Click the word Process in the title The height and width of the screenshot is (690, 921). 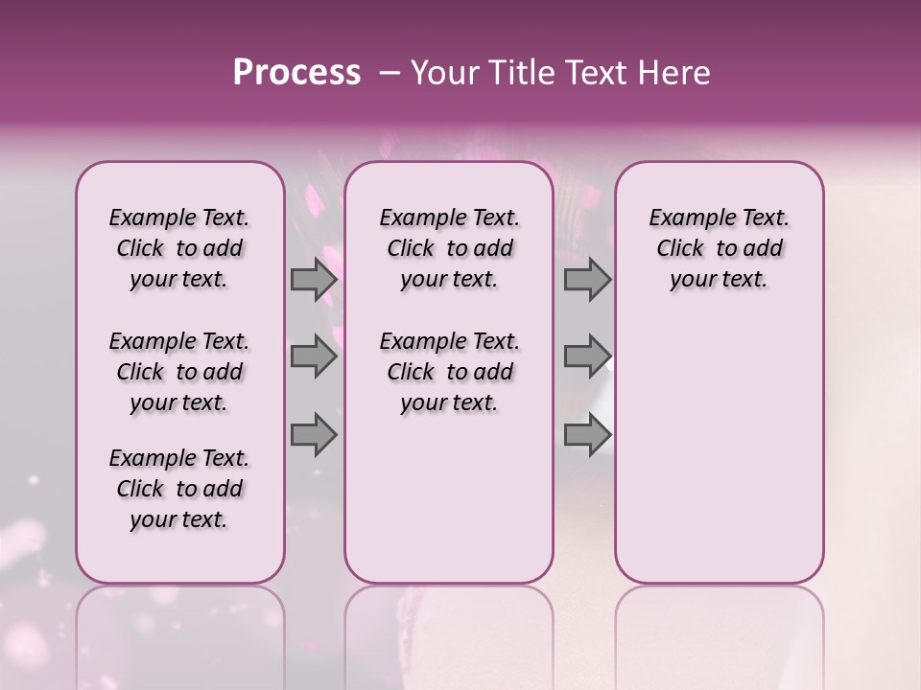[x=296, y=73]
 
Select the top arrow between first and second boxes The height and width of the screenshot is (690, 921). [x=314, y=280]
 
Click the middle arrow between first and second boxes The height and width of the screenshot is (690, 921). [x=314, y=356]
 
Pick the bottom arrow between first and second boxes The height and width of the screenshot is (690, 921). [x=314, y=434]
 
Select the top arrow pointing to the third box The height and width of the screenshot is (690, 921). [x=587, y=280]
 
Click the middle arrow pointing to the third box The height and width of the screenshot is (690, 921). [x=587, y=356]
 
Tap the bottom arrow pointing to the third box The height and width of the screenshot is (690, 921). [x=587, y=434]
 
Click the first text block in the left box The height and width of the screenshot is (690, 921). [x=179, y=248]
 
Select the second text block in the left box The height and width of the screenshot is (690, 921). [x=179, y=372]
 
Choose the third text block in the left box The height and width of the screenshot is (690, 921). [x=179, y=489]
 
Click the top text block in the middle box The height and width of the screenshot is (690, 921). [x=449, y=248]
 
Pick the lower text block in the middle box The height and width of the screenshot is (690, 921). [x=449, y=372]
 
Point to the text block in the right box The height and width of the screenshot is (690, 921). [x=719, y=248]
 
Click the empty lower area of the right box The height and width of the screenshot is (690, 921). [x=719, y=450]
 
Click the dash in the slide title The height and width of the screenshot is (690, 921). [x=389, y=73]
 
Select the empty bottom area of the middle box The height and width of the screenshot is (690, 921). [x=449, y=508]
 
